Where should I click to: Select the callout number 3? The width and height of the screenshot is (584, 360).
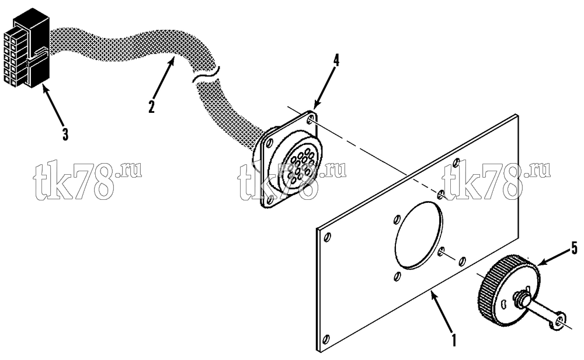65,134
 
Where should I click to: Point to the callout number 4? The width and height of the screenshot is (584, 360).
336,60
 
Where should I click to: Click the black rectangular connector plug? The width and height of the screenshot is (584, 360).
26,49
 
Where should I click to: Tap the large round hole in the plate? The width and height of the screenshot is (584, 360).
419,235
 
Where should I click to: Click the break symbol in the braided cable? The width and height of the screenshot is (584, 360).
205,74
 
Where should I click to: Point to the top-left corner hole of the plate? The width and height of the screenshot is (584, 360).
328,237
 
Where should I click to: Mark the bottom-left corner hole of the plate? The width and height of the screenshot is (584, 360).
326,339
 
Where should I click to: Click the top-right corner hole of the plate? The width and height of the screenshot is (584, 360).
456,163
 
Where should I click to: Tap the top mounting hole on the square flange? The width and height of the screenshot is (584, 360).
311,120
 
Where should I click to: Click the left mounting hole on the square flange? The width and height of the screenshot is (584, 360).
270,142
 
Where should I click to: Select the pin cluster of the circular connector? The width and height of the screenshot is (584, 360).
300,167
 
